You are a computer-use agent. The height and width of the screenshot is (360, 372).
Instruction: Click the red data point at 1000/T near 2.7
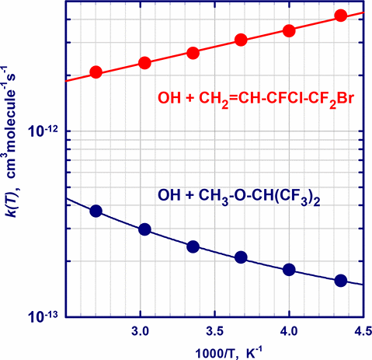pyautogui.click(x=96, y=72)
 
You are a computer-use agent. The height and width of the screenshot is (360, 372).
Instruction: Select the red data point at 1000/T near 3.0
pyautogui.click(x=144, y=63)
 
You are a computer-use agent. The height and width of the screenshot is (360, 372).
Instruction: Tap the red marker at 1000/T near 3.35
pyautogui.click(x=193, y=53)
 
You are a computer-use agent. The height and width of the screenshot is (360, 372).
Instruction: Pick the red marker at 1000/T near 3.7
pyautogui.click(x=241, y=40)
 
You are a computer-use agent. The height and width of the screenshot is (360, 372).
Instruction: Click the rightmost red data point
pyautogui.click(x=340, y=15)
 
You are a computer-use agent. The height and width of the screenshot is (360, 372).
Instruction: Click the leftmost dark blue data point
pyautogui.click(x=96, y=211)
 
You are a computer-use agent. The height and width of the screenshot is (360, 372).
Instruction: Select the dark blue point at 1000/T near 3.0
pyautogui.click(x=144, y=229)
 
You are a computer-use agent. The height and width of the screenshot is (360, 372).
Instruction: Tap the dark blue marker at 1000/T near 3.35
pyautogui.click(x=193, y=246)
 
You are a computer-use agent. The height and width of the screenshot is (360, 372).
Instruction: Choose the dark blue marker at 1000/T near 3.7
pyautogui.click(x=241, y=257)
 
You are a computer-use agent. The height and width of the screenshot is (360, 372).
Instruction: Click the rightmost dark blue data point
pyautogui.click(x=340, y=280)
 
